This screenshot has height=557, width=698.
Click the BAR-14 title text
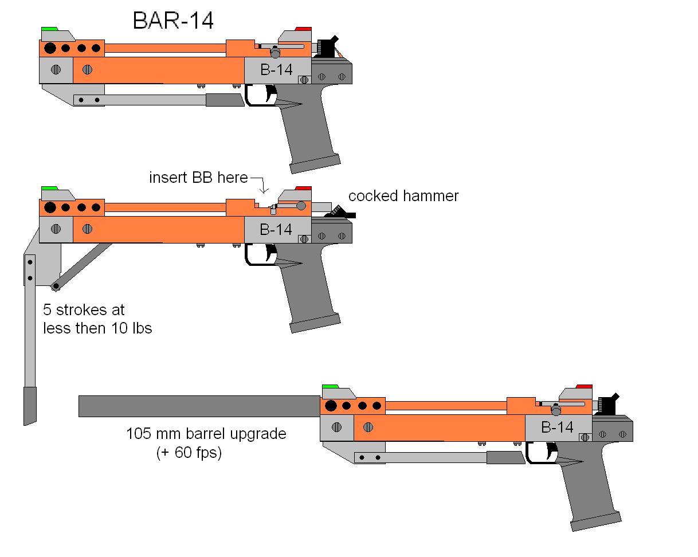[173, 21]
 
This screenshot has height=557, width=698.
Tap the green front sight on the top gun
[49, 29]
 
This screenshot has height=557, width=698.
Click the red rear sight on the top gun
[303, 29]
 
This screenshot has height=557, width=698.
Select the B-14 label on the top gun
[276, 69]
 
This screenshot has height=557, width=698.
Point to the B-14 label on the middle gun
[276, 229]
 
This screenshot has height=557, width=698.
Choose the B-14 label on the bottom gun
[557, 427]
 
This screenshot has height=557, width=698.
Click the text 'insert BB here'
[198, 178]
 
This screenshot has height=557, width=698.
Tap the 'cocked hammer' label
[403, 196]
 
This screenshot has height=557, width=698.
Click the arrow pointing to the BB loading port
[263, 187]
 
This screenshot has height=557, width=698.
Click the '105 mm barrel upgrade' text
[206, 434]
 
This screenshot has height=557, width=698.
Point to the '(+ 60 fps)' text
[189, 452]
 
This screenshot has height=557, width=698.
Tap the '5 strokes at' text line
[84, 310]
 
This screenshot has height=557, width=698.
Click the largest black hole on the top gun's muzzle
[50, 48]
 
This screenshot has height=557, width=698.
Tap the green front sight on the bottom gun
[330, 387]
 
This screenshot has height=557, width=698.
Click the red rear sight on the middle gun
[303, 189]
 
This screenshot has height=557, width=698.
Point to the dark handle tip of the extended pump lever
[29, 405]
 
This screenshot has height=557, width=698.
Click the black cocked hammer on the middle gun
[341, 214]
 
